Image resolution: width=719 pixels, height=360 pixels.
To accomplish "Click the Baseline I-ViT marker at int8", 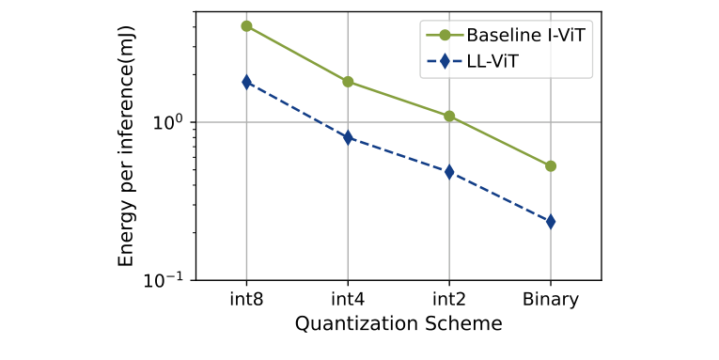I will pos(246,26).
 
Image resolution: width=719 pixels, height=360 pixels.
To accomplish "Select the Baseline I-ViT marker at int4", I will pos(348,82).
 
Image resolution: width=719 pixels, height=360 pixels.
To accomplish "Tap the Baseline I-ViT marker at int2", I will pos(449,117).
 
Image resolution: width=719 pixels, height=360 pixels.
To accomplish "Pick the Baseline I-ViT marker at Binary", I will pos(551,166).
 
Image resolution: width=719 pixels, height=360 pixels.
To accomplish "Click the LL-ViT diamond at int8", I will pos(246,82).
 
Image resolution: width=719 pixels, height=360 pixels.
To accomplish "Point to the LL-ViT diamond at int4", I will pos(348,137).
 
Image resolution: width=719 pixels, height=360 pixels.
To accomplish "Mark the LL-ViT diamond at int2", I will pos(449,172).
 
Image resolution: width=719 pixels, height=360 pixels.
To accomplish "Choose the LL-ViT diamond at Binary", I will pos(551,222).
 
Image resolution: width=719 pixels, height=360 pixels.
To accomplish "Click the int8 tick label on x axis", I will pos(246,300).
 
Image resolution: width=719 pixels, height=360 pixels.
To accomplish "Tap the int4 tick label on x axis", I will pos(348,300).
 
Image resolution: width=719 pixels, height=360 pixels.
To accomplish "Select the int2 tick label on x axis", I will pos(449,300).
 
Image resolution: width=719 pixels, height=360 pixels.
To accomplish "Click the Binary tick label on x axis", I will pos(551,300).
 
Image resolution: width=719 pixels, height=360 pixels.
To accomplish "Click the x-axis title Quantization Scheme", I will pos(399,323).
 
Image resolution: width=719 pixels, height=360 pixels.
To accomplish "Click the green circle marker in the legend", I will pos(445,36).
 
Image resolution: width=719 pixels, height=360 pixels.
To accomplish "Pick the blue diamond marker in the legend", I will pos(445,60).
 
